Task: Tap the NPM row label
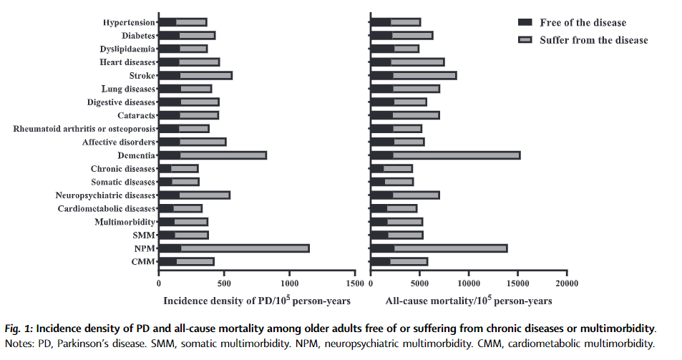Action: pyautogui.click(x=144, y=248)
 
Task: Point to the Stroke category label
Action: pyautogui.click(x=142, y=76)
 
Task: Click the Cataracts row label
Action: pyautogui.click(x=136, y=115)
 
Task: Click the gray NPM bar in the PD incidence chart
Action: pyautogui.click(x=245, y=248)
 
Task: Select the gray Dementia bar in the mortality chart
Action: pyautogui.click(x=456, y=155)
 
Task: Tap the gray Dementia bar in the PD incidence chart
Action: pyautogui.click(x=223, y=155)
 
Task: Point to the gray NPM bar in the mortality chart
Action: pyautogui.click(x=450, y=248)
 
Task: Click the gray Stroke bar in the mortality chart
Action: pyautogui.click(x=424, y=76)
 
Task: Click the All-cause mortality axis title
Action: pyautogui.click(x=469, y=301)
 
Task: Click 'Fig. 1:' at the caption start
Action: pyautogui.click(x=17, y=329)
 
